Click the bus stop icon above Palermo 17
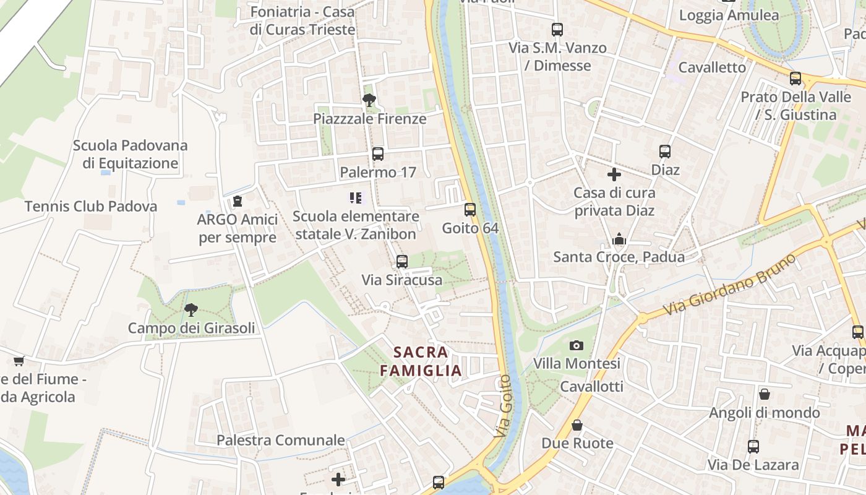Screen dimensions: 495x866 pyautogui.click(x=377, y=154)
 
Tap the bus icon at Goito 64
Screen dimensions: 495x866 pyautogui.click(x=470, y=210)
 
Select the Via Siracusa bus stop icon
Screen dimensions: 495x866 pyautogui.click(x=402, y=262)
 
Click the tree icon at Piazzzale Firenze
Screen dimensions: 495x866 pyautogui.click(x=369, y=100)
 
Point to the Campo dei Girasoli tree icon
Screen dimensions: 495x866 pyautogui.click(x=191, y=310)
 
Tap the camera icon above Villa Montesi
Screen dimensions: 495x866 pyautogui.click(x=577, y=345)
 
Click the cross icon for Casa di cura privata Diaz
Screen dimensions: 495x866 pyautogui.click(x=614, y=174)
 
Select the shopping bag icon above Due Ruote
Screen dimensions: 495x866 pyautogui.click(x=577, y=425)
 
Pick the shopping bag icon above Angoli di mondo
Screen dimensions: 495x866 pyautogui.click(x=765, y=394)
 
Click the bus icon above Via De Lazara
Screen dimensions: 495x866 pyautogui.click(x=753, y=446)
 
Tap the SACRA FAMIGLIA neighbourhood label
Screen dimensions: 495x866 pyautogui.click(x=421, y=361)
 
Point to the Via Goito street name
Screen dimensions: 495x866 pyautogui.click(x=505, y=406)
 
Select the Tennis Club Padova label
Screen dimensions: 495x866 pyautogui.click(x=91, y=206)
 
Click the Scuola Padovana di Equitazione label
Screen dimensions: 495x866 pyautogui.click(x=130, y=154)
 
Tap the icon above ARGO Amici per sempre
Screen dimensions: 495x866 pyautogui.click(x=238, y=201)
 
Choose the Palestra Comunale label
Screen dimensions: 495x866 pyautogui.click(x=281, y=440)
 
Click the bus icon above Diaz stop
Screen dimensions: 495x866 pyautogui.click(x=665, y=152)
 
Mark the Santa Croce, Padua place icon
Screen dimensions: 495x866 pyautogui.click(x=619, y=239)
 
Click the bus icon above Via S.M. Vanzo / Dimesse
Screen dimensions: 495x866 pyautogui.click(x=557, y=30)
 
